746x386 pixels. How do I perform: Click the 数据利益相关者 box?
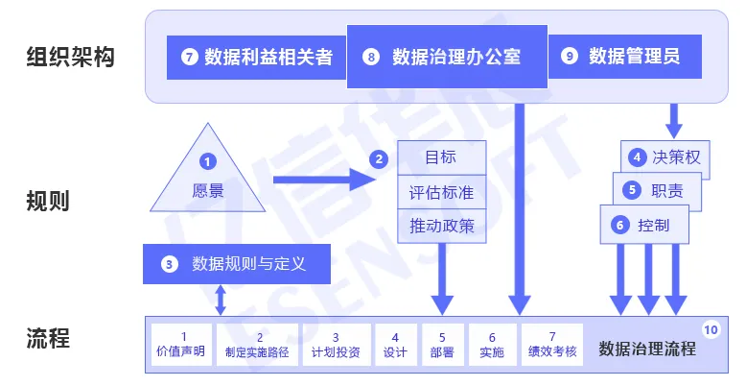click(x=256, y=58)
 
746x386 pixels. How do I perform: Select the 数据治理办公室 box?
click(x=446, y=57)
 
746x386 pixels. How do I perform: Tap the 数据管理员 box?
click(x=624, y=58)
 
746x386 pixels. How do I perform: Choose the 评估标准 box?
click(x=441, y=193)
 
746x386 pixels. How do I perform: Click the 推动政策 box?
click(x=441, y=227)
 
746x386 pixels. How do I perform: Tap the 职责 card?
click(x=656, y=190)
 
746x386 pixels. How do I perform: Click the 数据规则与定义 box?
click(x=237, y=263)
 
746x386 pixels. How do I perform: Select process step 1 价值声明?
click(x=181, y=344)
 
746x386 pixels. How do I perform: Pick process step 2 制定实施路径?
click(x=257, y=344)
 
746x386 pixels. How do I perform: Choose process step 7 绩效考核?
click(x=552, y=344)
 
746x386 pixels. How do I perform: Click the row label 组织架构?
click(x=70, y=58)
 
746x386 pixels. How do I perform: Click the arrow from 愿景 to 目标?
click(x=321, y=180)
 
